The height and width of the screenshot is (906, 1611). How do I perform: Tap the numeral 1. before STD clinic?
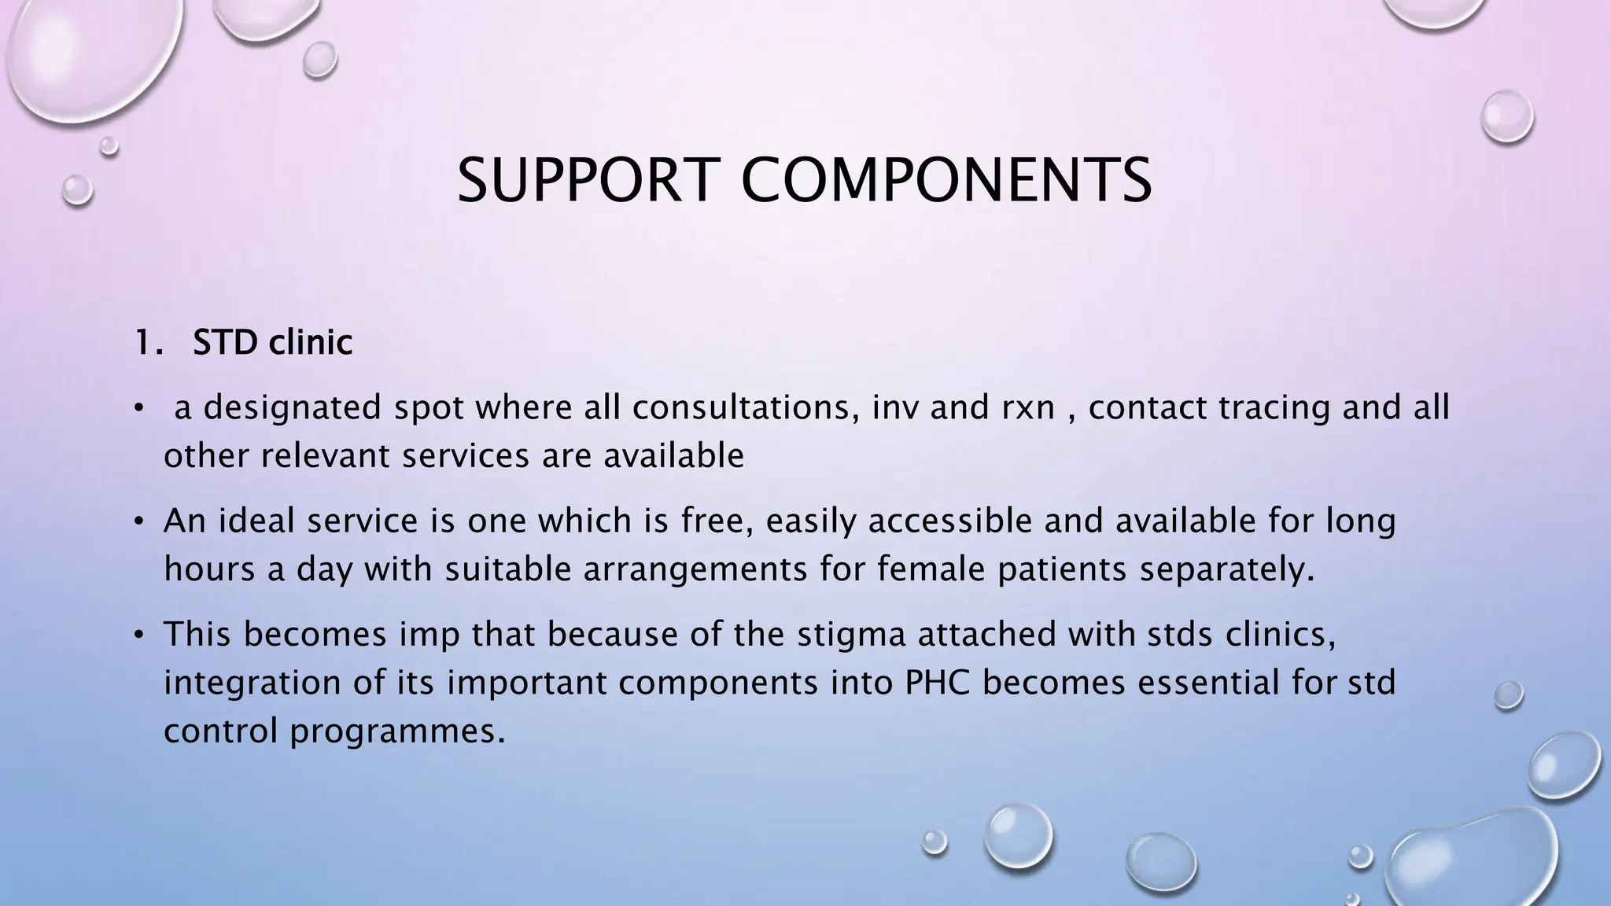tap(147, 343)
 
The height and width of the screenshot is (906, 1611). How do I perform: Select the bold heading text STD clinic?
tap(272, 343)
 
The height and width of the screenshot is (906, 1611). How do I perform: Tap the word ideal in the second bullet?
tap(256, 521)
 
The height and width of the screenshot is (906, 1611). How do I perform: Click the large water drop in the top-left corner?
tap(87, 55)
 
